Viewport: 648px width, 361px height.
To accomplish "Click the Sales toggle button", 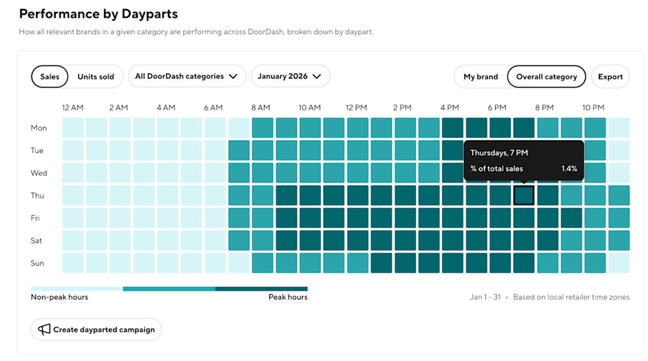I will pyautogui.click(x=50, y=77).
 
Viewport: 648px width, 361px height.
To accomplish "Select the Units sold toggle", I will pyautogui.click(x=96, y=77).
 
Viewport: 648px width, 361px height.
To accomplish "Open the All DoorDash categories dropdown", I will pyautogui.click(x=186, y=76).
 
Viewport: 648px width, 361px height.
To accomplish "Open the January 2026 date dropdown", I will pyautogui.click(x=290, y=76).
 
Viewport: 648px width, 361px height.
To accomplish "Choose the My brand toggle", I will pyautogui.click(x=481, y=77).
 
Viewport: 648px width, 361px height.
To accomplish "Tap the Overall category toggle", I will pyautogui.click(x=546, y=77).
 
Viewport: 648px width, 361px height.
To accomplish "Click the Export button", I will pyautogui.click(x=610, y=77).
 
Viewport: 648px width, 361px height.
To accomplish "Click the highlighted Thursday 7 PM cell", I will pyautogui.click(x=524, y=195).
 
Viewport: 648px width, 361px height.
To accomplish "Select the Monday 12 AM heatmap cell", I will pyautogui.click(x=73, y=128).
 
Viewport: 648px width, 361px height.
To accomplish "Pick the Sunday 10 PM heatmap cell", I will pyautogui.click(x=595, y=263).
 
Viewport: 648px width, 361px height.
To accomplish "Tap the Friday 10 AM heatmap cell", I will pyautogui.click(x=310, y=218).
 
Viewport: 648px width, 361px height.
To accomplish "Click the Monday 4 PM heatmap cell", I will pyautogui.click(x=453, y=128).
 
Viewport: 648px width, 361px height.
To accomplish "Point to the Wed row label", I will pyautogui.click(x=38, y=173).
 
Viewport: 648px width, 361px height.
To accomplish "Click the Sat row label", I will pyautogui.click(x=36, y=241).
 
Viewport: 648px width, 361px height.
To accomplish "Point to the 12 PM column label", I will pyautogui.click(x=357, y=107).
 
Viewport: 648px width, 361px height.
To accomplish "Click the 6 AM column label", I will pyautogui.click(x=213, y=107).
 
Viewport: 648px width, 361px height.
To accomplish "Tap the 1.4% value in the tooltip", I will pyautogui.click(x=569, y=168).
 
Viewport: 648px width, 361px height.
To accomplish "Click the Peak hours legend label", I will pyautogui.click(x=288, y=297).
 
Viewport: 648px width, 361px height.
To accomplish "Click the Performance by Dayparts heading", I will pyautogui.click(x=98, y=14).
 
